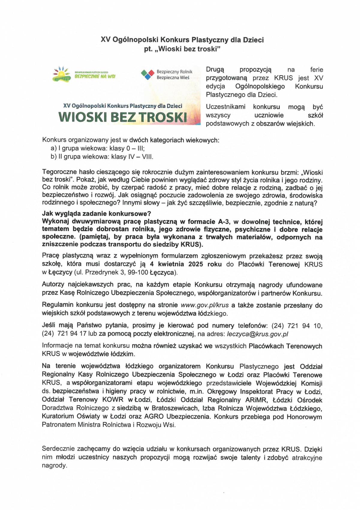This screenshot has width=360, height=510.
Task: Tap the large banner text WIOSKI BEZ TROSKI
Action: pos(123,117)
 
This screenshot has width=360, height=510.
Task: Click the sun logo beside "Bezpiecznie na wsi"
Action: pos(61,74)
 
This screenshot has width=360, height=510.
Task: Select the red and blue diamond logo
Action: pos(147,74)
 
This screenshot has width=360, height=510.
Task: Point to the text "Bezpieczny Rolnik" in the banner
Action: pos(174,72)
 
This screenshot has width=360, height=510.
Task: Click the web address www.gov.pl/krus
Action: pos(205,305)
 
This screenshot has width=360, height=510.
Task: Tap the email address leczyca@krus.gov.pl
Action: pos(257,334)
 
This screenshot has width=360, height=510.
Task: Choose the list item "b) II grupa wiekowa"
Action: pos(102,157)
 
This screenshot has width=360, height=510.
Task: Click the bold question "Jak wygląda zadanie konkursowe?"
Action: pos(97,214)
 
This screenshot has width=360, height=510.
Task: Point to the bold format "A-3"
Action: pos(224,222)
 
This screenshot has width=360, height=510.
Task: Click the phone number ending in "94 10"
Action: pos(297,326)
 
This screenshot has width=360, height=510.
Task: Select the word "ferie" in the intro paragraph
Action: pos(317,70)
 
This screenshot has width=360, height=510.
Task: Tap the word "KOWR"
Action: pos(113,400)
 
